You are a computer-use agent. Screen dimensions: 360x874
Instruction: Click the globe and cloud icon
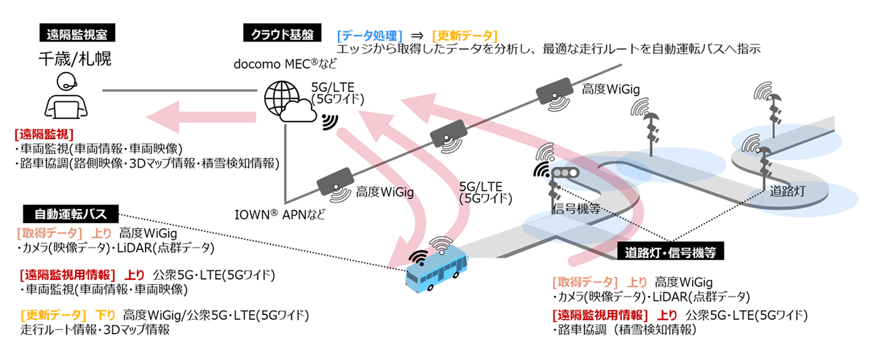288,103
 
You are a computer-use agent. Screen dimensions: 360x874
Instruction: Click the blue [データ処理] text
371,35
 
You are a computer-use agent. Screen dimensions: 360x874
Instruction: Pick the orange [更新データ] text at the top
464,35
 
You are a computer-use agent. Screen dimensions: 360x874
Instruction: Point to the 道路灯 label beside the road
787,192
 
